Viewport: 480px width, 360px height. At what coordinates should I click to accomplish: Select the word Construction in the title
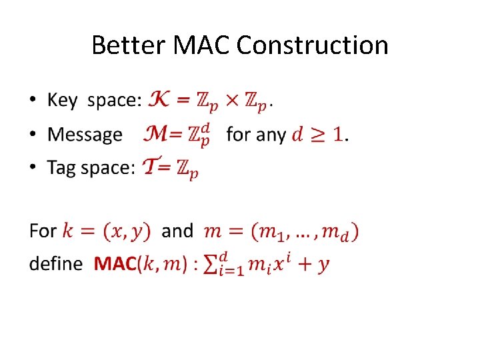click(313, 45)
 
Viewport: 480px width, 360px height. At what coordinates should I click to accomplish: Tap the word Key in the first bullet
click(63, 101)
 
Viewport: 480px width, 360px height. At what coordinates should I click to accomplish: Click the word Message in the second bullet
click(85, 135)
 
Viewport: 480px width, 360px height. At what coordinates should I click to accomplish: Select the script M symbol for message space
click(156, 134)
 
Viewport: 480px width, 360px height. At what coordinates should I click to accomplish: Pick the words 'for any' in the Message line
click(256, 135)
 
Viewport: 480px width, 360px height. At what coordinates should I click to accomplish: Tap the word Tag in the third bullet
click(62, 168)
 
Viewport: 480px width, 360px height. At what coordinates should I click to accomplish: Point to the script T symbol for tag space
click(152, 167)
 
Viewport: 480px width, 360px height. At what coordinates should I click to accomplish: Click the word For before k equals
click(43, 231)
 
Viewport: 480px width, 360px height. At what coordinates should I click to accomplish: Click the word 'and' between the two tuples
click(177, 231)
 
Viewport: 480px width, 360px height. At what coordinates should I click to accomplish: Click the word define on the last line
click(56, 264)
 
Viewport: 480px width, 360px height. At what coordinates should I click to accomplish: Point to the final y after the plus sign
click(323, 265)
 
